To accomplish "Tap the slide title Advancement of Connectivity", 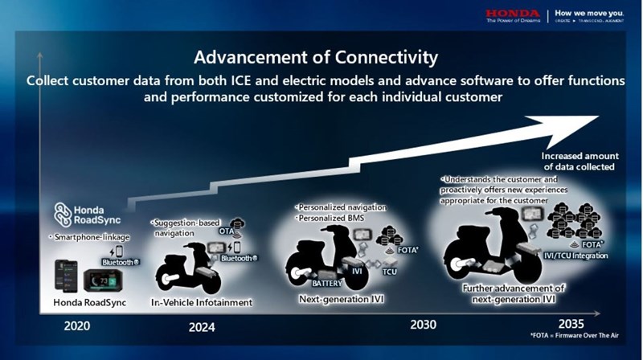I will click(315, 58).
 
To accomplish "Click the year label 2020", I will click(81, 325).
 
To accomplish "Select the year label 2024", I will click(202, 327).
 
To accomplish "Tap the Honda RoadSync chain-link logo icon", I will click(63, 214).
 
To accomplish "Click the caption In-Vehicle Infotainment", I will click(202, 302).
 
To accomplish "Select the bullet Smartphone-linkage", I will click(85, 238).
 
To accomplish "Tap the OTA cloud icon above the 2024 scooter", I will click(238, 225).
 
